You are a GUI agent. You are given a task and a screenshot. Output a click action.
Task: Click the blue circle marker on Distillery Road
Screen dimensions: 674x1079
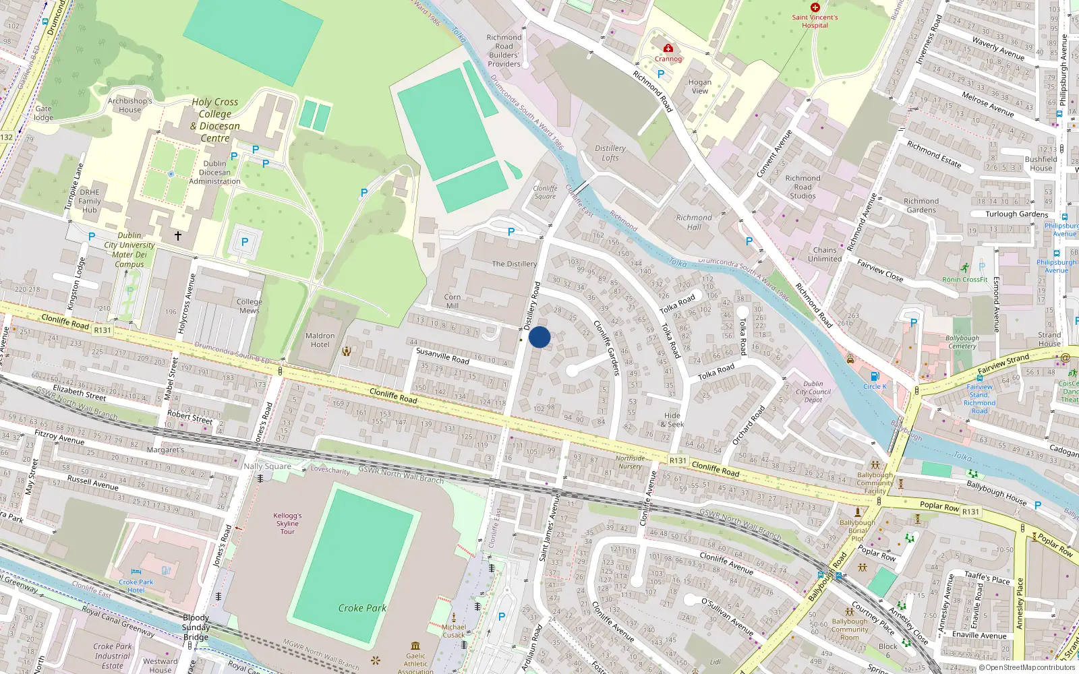click(x=539, y=337)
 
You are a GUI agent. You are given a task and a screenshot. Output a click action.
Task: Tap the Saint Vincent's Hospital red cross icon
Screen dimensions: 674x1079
click(x=815, y=7)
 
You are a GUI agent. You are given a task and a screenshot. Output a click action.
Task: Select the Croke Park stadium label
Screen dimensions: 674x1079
click(x=362, y=608)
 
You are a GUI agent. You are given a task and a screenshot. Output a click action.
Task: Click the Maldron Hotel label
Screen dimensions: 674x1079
click(x=320, y=340)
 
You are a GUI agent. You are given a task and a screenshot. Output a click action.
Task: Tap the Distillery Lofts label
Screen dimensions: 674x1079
click(x=610, y=153)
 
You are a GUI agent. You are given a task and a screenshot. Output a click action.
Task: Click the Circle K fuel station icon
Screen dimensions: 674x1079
click(x=875, y=377)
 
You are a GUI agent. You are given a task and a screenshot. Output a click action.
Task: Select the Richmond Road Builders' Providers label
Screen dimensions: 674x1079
click(x=504, y=51)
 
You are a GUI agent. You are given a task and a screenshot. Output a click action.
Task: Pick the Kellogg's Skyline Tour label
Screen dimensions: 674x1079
click(x=287, y=524)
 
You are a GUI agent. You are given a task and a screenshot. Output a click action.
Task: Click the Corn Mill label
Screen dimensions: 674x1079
click(x=453, y=301)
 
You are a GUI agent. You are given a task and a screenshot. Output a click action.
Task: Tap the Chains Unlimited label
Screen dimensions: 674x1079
click(x=825, y=254)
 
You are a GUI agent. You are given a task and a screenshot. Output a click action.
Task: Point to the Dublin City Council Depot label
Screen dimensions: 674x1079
click(x=813, y=392)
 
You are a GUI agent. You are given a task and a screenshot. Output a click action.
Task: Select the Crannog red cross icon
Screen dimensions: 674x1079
click(x=668, y=49)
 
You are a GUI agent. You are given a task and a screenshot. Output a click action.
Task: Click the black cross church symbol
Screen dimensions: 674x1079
click(x=178, y=236)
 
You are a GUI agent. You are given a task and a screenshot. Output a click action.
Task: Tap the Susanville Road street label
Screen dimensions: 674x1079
click(x=442, y=355)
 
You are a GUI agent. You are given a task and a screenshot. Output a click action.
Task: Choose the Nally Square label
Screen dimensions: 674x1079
click(x=268, y=466)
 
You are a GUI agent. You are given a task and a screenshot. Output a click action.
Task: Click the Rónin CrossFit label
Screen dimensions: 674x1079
click(x=965, y=279)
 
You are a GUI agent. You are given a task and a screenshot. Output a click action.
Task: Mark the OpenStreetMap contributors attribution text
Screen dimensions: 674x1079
click(x=1027, y=668)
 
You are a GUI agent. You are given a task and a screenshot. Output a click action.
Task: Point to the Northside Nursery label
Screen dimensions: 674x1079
click(x=630, y=462)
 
